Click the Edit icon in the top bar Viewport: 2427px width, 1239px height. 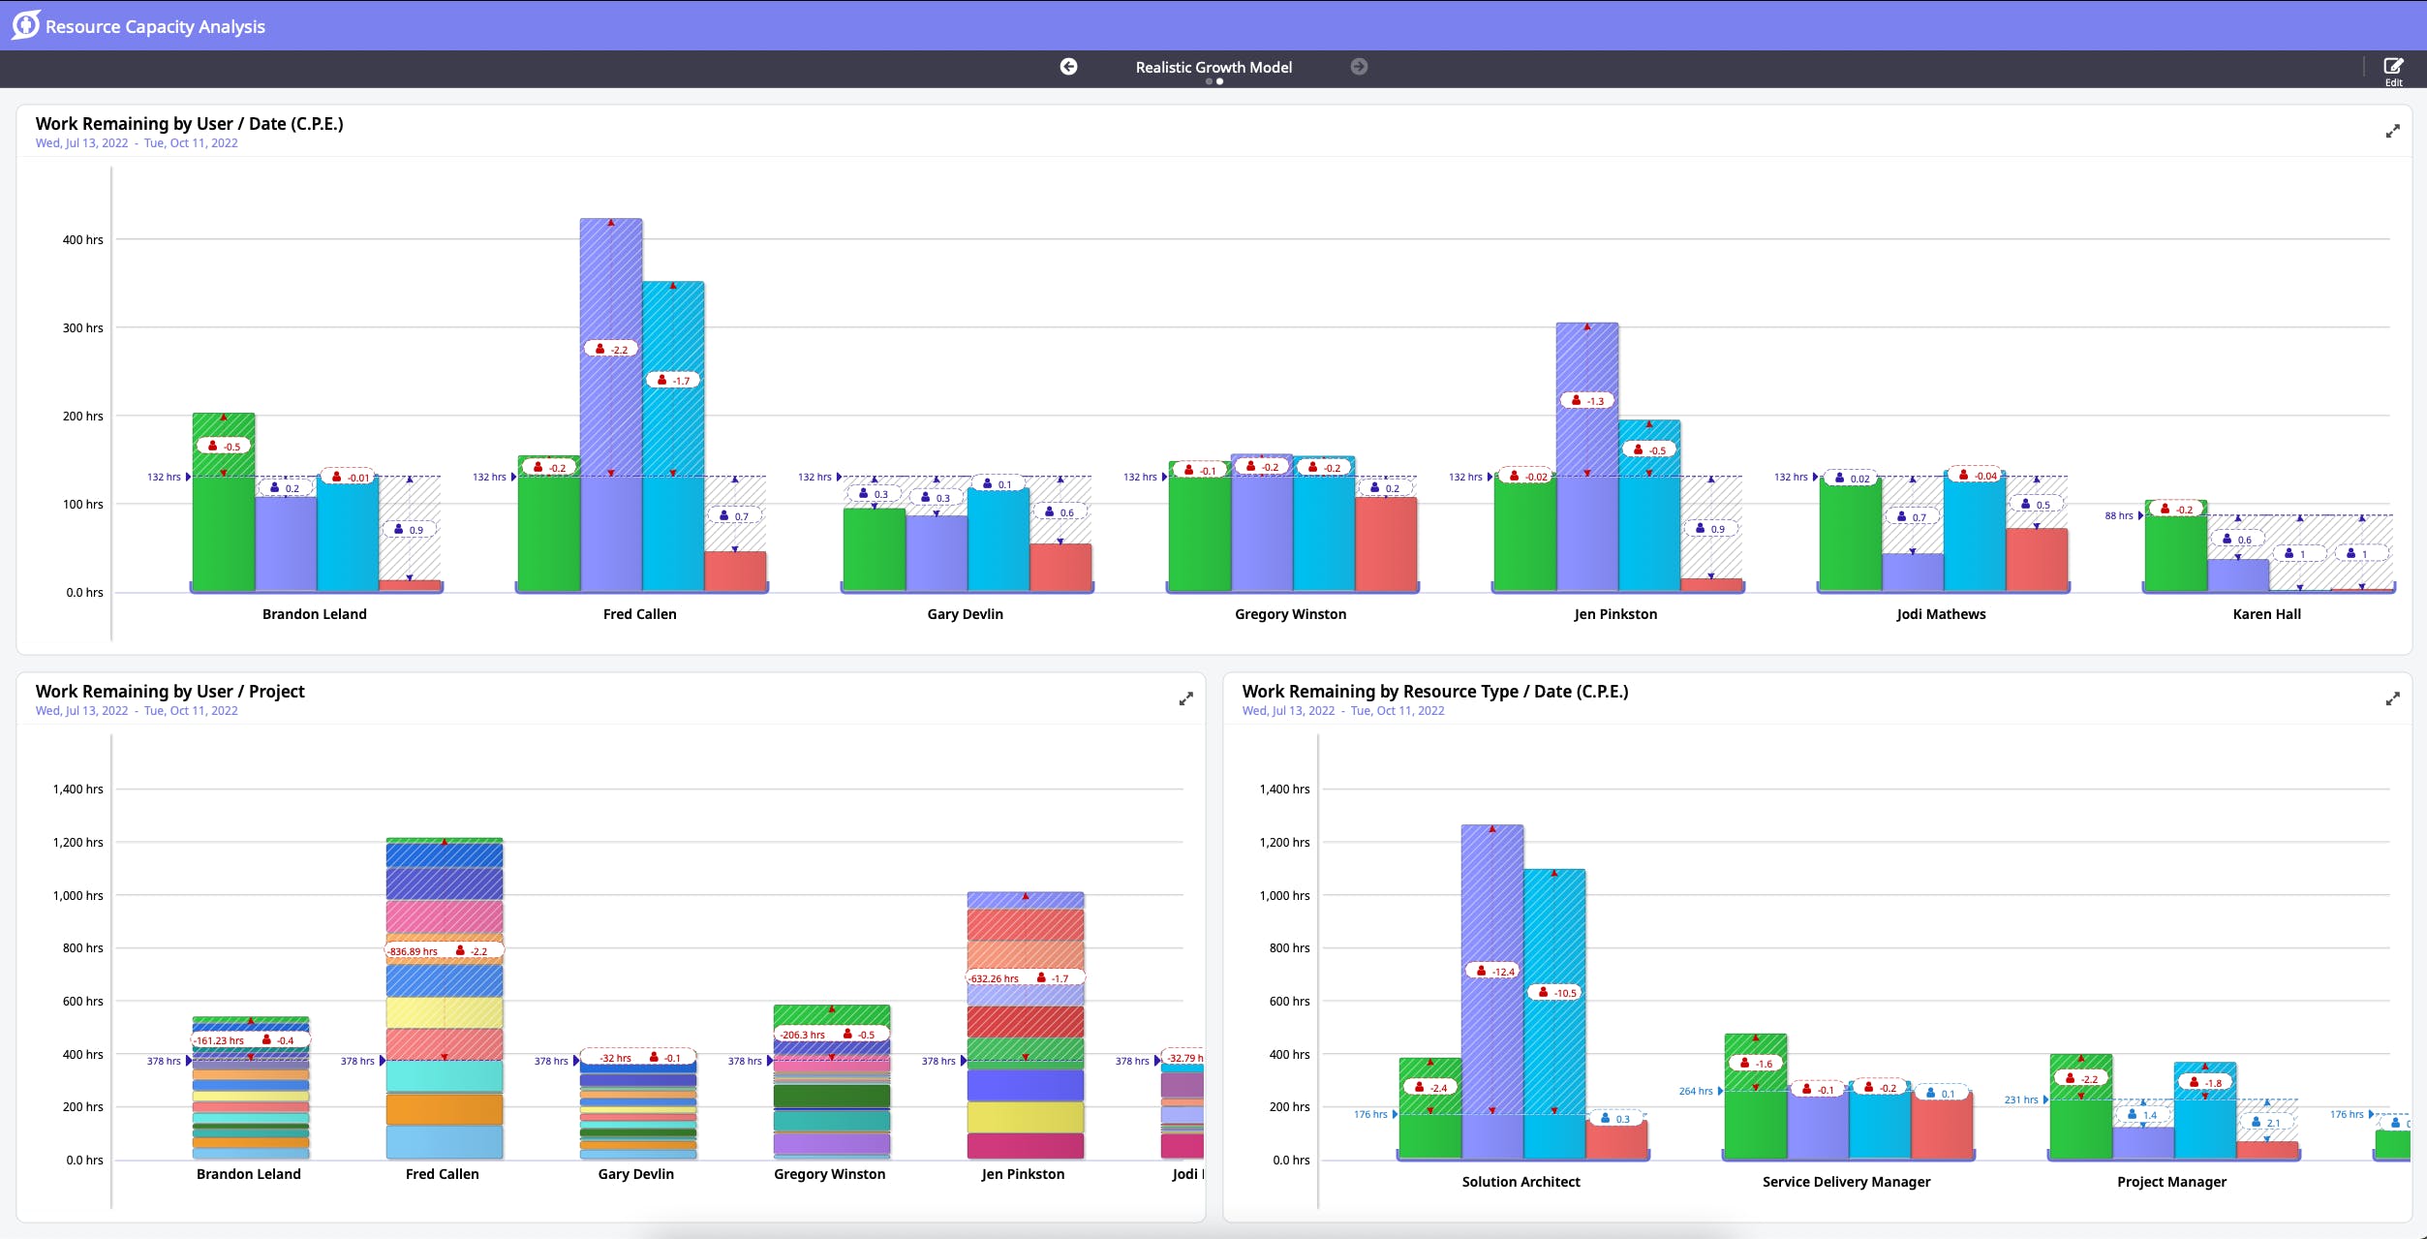click(x=2393, y=67)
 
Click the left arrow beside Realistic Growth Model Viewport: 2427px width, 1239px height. click(x=1068, y=67)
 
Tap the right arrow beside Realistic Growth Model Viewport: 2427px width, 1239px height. click(x=1359, y=67)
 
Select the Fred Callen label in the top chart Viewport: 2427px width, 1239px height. click(x=639, y=614)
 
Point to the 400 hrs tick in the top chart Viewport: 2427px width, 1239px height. click(x=83, y=240)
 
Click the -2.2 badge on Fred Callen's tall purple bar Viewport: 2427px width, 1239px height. click(x=611, y=350)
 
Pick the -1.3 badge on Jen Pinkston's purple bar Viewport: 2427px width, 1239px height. click(x=1587, y=401)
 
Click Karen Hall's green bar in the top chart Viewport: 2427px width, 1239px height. click(x=2175, y=552)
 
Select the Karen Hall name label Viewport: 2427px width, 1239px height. click(x=2266, y=614)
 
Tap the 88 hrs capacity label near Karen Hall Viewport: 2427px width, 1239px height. click(x=2118, y=516)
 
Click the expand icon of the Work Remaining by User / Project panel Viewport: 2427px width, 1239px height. click(x=1185, y=698)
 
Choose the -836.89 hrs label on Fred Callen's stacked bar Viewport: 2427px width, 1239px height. click(x=414, y=951)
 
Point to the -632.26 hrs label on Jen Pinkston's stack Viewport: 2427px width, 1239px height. click(x=995, y=978)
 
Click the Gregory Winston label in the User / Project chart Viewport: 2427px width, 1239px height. click(x=829, y=1174)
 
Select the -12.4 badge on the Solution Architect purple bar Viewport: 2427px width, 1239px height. click(x=1492, y=972)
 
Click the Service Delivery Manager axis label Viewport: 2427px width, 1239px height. click(x=1846, y=1182)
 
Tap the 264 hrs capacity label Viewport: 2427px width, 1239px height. click(x=1695, y=1092)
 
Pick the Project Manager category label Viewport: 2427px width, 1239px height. click(x=2171, y=1182)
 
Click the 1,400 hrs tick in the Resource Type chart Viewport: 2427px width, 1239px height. click(x=1284, y=790)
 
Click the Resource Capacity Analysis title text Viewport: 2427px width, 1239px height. click(x=155, y=27)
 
